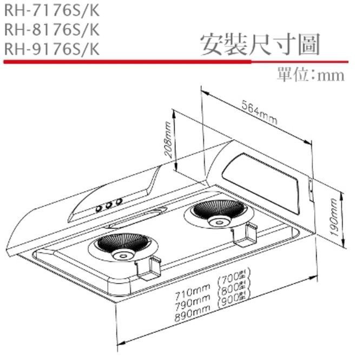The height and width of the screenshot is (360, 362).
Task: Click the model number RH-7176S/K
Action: tap(51, 10)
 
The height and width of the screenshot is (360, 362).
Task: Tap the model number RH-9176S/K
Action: tap(51, 49)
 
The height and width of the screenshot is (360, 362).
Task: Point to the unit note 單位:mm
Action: tap(310, 75)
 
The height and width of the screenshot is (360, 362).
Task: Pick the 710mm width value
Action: tap(193, 295)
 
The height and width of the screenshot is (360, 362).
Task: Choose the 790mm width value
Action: tap(193, 305)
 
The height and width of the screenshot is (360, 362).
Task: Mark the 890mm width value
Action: tap(193, 315)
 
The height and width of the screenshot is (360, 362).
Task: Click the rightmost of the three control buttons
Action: tap(118, 202)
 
